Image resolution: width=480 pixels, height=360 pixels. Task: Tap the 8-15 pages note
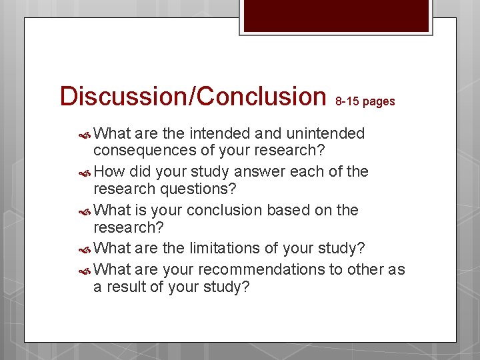[x=365, y=101]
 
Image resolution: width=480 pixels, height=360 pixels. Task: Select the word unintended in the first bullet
[x=325, y=133]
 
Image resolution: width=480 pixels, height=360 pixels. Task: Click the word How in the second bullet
[x=111, y=172]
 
